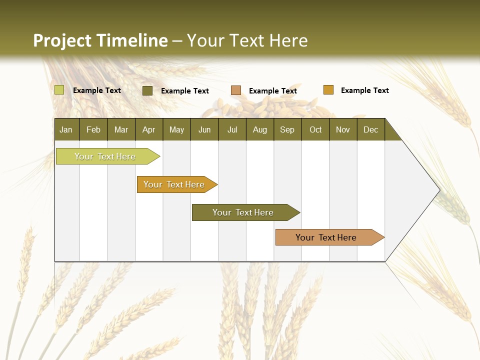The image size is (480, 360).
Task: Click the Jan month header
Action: [x=66, y=129]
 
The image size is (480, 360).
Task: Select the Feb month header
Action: [x=93, y=129]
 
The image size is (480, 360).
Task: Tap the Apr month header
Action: [x=148, y=129]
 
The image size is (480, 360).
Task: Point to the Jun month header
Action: [x=204, y=129]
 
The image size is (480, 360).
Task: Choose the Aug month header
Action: [x=259, y=129]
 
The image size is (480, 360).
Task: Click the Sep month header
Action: [x=287, y=129]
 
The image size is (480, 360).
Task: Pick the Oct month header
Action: [x=315, y=129]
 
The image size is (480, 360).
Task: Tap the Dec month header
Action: [x=370, y=129]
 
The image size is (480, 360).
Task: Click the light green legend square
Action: [x=59, y=90]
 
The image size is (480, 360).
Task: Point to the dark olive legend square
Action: [x=147, y=90]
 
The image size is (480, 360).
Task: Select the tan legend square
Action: [x=236, y=90]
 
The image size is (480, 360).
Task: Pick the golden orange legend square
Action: [x=328, y=90]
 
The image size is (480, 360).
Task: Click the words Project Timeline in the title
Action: [x=100, y=40]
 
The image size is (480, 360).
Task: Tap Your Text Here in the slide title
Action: [x=247, y=40]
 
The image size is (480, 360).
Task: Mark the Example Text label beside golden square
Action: [x=364, y=90]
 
